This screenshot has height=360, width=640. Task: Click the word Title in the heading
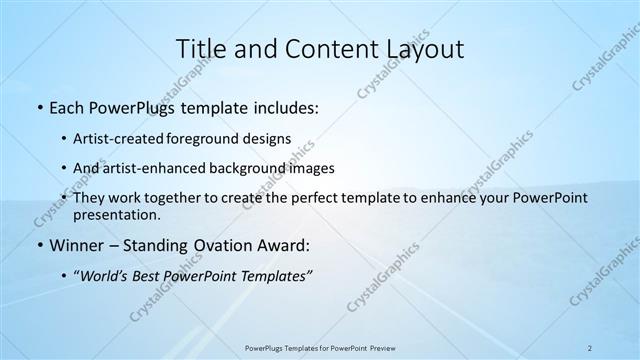tap(201, 49)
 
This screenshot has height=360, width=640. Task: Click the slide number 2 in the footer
tap(590, 346)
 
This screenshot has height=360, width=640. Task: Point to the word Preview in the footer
tap(381, 346)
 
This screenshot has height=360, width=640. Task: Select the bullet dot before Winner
tap(38, 245)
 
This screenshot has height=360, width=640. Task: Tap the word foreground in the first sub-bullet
tap(219, 138)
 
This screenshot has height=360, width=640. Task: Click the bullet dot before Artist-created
tap(65, 138)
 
